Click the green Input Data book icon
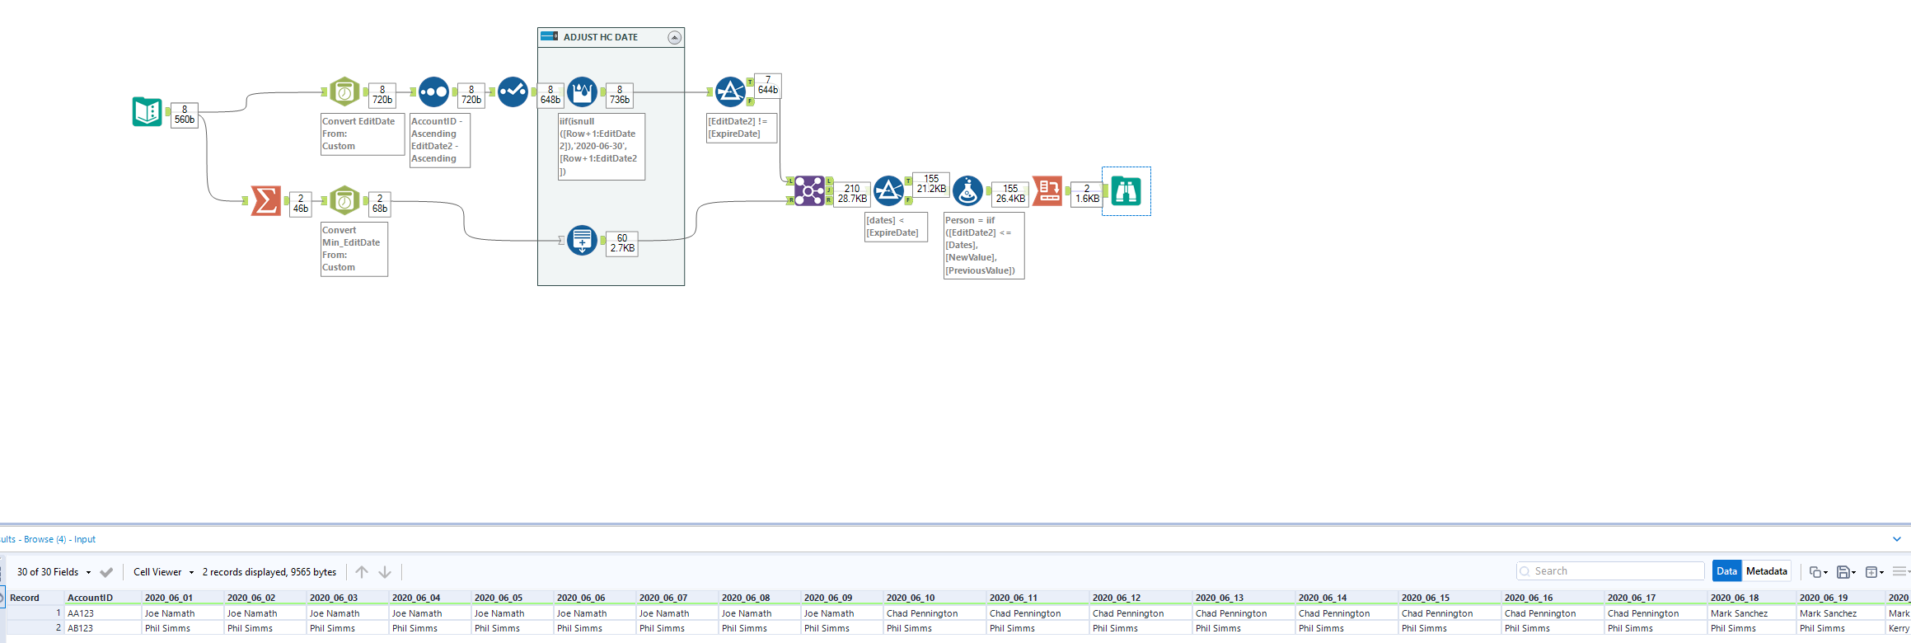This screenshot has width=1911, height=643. pyautogui.click(x=148, y=111)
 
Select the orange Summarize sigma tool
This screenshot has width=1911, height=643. pyautogui.click(x=266, y=200)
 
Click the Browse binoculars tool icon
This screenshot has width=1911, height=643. pyautogui.click(x=1126, y=191)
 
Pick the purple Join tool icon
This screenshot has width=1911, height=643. pyautogui.click(x=809, y=191)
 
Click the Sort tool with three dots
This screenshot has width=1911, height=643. pyautogui.click(x=433, y=92)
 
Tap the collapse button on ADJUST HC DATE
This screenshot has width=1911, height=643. pyautogui.click(x=674, y=38)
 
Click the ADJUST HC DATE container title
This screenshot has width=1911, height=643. pyautogui.click(x=600, y=38)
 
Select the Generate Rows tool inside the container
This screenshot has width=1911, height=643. pyautogui.click(x=582, y=241)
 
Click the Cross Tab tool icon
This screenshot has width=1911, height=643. pyautogui.click(x=1047, y=191)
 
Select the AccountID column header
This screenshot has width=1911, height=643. pyautogui.click(x=90, y=598)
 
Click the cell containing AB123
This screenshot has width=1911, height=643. pyautogui.click(x=81, y=628)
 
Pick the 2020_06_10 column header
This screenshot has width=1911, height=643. pyautogui.click(x=911, y=598)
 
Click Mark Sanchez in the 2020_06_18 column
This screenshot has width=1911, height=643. pyautogui.click(x=1739, y=613)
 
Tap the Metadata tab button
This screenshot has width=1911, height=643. pyautogui.click(x=1766, y=571)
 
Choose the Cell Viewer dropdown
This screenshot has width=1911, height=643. pyautogui.click(x=163, y=572)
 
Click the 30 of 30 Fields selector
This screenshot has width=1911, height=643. pyautogui.click(x=54, y=572)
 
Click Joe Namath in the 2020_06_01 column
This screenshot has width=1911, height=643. pyautogui.click(x=170, y=613)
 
